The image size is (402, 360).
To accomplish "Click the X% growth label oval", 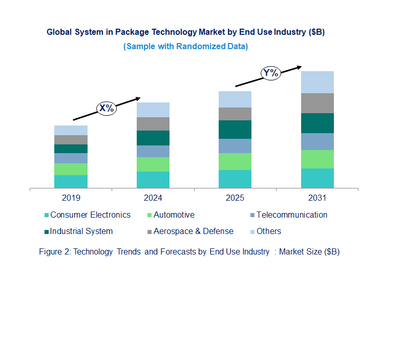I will pos(107,108).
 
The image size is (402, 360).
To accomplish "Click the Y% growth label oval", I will pos(270,73).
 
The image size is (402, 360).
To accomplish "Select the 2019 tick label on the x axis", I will pos(71,198).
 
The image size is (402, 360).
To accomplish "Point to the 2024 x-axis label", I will pos(153,198).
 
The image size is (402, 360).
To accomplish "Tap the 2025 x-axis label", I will pos(235,198).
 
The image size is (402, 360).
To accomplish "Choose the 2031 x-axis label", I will pos(317,198).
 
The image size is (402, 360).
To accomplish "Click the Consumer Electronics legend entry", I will pos(90,215).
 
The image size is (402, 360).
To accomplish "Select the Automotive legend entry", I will pos(174,215).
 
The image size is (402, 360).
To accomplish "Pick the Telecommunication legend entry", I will pos(291,215).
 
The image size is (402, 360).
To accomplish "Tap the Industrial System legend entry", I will pos(81,231).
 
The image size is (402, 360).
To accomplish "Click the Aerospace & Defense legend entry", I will pos(193,231).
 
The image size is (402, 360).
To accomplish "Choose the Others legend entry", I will pos(268,231).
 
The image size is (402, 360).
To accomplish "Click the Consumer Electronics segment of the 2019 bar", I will pos(71,181).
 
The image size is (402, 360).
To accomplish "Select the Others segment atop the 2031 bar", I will pos(317,82).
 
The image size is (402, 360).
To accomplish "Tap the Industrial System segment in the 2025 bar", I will pos(235,130).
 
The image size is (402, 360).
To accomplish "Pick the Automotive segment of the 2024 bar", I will pos(153,164).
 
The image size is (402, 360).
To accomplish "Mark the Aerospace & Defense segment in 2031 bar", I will pos(317,103).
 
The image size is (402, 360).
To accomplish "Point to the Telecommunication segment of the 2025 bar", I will pos(235,146).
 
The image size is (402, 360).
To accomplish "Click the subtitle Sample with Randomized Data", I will pos(185,47).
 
